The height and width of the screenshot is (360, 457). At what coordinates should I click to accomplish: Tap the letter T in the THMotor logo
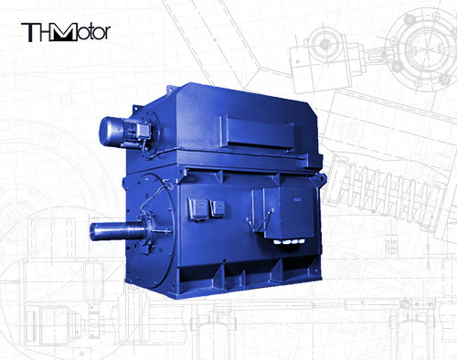click(29, 33)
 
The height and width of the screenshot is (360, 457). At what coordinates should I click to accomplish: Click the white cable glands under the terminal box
click(289, 241)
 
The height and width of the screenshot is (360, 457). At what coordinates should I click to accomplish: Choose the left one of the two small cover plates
click(198, 208)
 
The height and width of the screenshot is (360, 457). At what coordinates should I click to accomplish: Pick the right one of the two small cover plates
click(218, 208)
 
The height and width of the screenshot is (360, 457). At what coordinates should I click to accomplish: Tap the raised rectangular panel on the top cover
click(258, 133)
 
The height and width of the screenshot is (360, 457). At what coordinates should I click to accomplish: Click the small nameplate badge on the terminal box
click(297, 200)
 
